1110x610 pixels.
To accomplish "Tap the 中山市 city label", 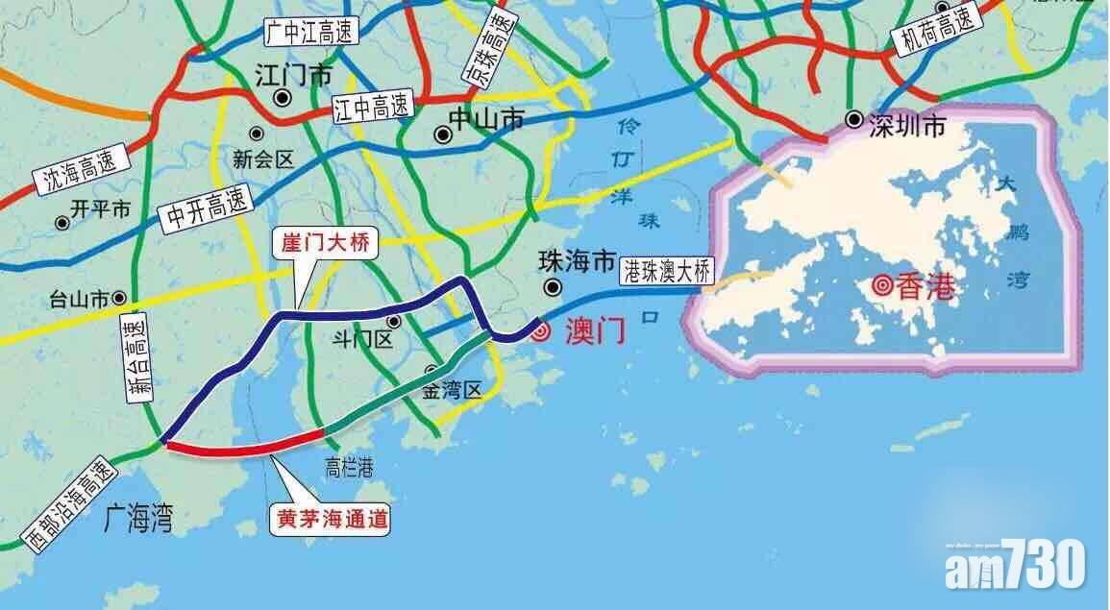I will [487, 119].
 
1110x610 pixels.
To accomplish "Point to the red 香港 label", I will [923, 286].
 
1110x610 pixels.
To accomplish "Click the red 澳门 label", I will [591, 332].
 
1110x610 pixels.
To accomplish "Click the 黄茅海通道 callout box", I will [328, 520].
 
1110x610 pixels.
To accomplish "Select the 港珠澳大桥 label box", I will [670, 271].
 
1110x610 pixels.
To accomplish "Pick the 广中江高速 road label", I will [309, 32].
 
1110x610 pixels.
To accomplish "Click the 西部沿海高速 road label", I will [68, 503].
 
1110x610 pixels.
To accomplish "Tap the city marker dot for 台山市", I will [119, 299].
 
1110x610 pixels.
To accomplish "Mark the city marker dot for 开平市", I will [62, 222].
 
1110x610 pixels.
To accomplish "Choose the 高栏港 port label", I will [349, 468].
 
